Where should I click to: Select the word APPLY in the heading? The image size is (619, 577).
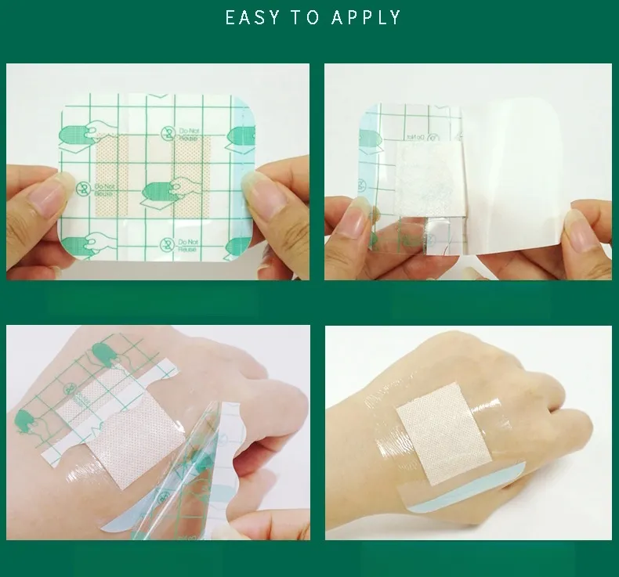(x=366, y=17)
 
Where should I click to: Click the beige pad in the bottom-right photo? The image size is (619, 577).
(x=434, y=442)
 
